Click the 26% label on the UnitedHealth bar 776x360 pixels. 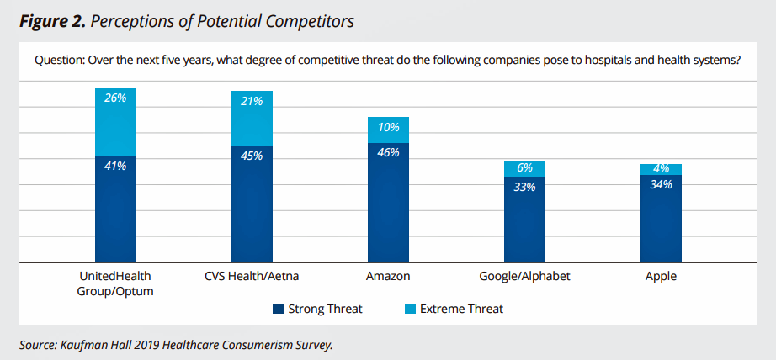coord(115,98)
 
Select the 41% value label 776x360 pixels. coord(115,167)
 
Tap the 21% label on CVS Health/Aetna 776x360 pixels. coord(252,101)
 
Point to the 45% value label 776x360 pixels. coord(252,156)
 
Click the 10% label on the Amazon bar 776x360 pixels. coord(388,127)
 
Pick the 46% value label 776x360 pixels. coord(388,153)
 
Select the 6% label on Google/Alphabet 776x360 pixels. coord(524,168)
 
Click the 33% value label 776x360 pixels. coord(524,187)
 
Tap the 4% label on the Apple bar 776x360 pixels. coord(661,168)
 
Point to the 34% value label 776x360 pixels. coord(661,184)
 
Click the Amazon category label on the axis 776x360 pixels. coord(388,276)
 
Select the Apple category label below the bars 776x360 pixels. coord(661,276)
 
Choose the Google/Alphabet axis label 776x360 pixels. coord(524,276)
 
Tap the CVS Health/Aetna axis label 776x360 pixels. coord(252,276)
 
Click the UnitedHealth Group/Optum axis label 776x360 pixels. coord(115,283)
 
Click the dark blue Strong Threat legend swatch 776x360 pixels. coord(278,309)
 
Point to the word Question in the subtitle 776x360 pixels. coord(58,61)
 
